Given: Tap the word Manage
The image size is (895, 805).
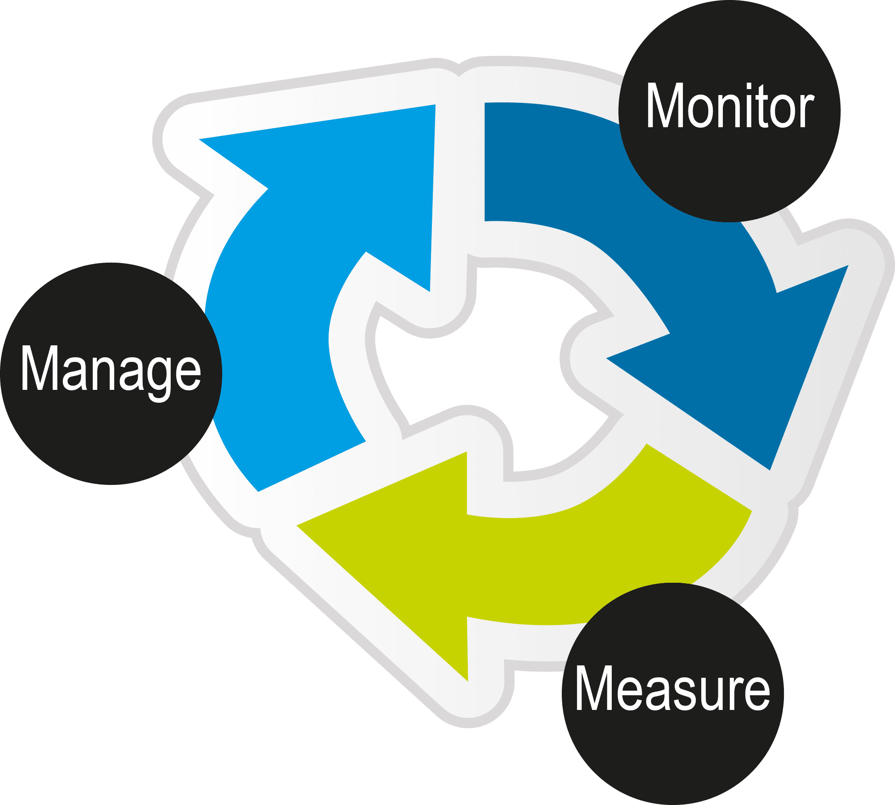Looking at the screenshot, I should point(111,370).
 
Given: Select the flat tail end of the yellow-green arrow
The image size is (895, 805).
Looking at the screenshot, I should point(698,478).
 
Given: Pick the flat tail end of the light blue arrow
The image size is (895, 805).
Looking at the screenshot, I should point(312,466).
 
